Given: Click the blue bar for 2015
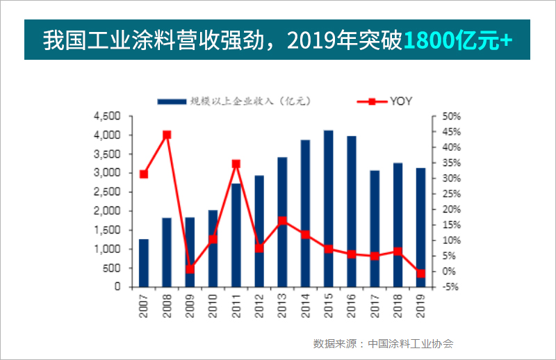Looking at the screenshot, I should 328,208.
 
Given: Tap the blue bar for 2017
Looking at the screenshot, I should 375,229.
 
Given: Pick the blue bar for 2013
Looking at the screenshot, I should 282,222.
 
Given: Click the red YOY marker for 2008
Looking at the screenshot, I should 167,135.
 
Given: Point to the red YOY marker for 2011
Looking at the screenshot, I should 236,164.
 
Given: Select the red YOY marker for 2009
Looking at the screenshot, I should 190,269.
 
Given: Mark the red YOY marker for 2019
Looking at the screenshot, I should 420,273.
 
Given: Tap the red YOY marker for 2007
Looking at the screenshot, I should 144,174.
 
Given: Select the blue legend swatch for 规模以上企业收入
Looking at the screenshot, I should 171,101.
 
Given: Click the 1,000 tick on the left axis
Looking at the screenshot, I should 107,249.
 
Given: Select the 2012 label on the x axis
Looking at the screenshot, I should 259,305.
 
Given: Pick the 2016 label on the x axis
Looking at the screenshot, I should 352,305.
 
